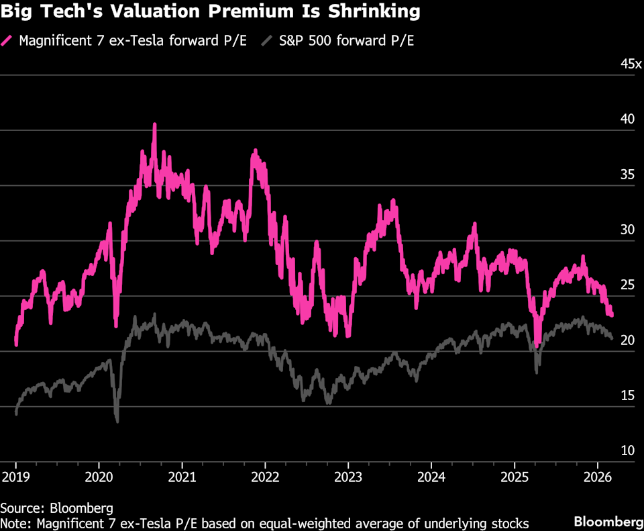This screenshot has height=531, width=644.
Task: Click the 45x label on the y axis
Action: point(630,64)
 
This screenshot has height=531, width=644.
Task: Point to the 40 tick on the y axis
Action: point(627,119)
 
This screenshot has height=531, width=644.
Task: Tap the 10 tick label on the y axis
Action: point(627,450)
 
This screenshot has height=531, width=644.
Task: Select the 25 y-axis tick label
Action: point(627,285)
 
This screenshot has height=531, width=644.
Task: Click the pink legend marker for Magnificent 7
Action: point(9,40)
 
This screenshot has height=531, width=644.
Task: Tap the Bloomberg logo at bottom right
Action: point(606,522)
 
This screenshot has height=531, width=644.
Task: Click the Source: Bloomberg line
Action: point(56,508)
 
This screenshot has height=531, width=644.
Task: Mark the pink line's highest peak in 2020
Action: point(154,125)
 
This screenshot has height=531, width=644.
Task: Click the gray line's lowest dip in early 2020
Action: point(117,421)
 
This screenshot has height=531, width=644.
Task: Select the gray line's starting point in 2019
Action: point(15,414)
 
